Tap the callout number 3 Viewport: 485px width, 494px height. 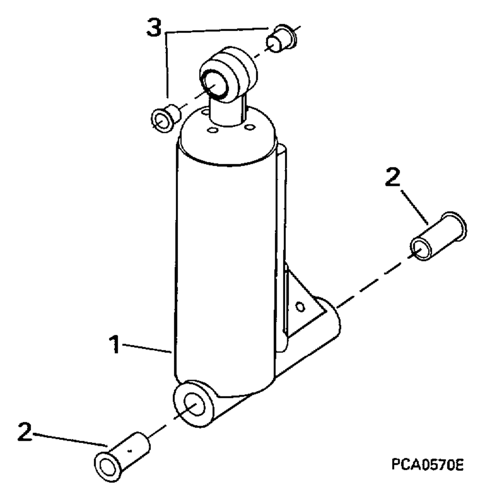point(154,30)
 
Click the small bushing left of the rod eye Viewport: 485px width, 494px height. point(164,118)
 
